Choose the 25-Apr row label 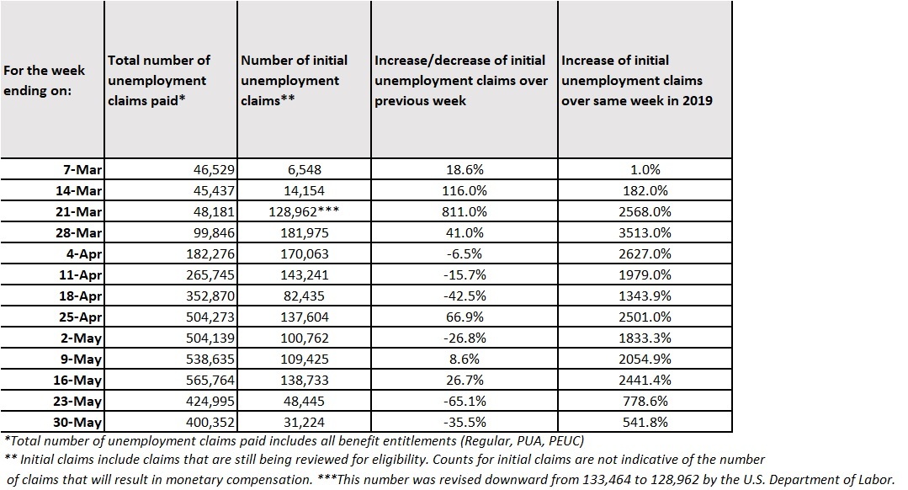79,316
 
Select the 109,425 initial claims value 293,358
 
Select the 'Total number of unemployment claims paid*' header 159,81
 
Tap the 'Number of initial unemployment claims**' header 291,81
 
